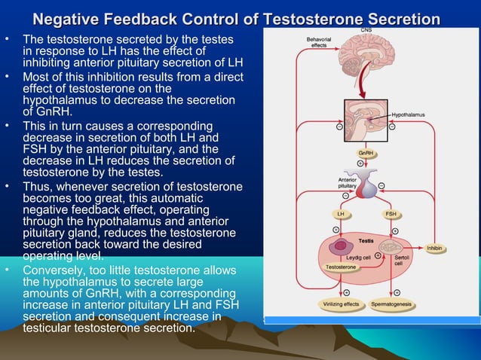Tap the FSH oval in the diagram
pyautogui.click(x=391, y=214)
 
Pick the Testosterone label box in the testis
pyautogui.click(x=341, y=267)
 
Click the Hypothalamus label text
pyautogui.click(x=408, y=114)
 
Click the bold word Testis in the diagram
pyautogui.click(x=366, y=240)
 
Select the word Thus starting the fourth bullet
pyautogui.click(x=37, y=187)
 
